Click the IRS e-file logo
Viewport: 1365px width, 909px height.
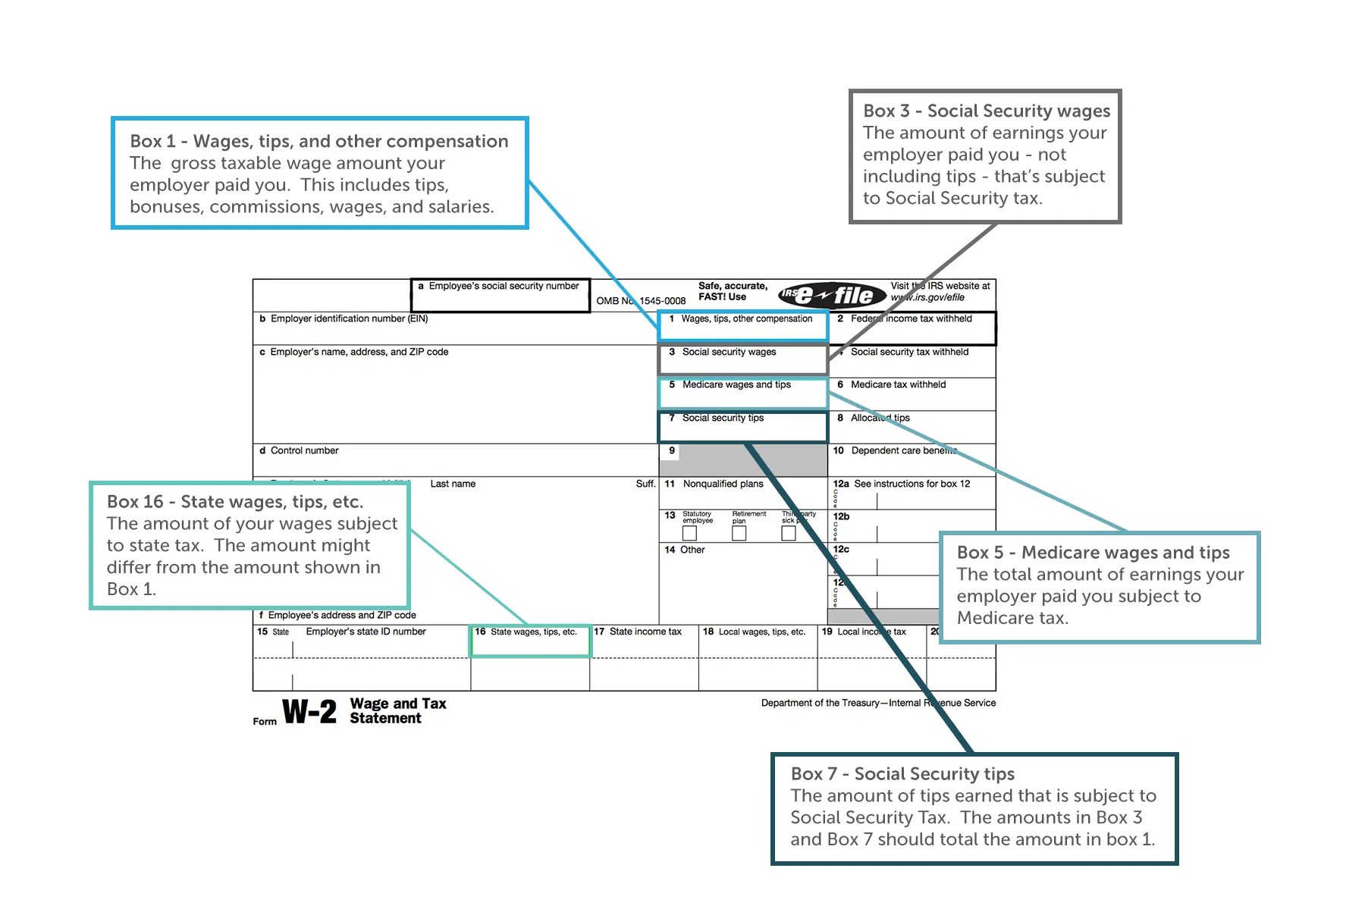point(832,295)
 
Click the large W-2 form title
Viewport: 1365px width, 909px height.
point(309,712)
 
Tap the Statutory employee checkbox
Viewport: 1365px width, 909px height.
point(689,534)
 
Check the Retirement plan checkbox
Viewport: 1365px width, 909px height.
point(739,534)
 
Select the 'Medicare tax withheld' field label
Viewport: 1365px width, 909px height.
point(898,385)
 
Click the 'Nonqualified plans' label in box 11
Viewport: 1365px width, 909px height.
point(723,484)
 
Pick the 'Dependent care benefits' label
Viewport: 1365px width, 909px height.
point(903,451)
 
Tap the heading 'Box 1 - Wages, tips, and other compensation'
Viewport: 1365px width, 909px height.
point(318,142)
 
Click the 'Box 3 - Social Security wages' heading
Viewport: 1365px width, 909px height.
point(986,111)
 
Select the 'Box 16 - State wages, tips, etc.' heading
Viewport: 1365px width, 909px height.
point(235,502)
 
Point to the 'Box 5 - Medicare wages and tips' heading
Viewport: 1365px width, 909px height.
point(1093,553)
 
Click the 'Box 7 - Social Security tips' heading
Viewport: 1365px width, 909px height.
point(902,774)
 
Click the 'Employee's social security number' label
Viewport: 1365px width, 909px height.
point(504,287)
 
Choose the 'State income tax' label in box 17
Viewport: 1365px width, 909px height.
point(645,632)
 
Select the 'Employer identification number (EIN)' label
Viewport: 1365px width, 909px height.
point(349,319)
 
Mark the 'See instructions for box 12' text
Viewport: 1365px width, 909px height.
point(912,484)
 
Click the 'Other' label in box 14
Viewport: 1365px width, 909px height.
point(692,550)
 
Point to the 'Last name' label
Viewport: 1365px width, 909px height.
point(453,484)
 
